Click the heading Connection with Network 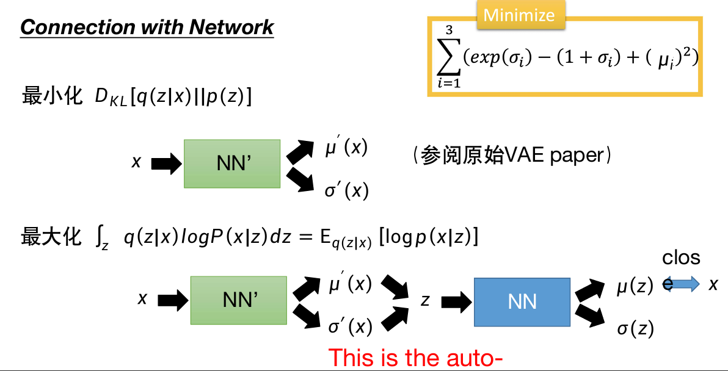point(147,27)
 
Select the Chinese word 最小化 point(51,96)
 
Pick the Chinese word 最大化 point(51,237)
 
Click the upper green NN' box point(232,164)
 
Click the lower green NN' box point(239,300)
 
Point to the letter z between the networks point(424,300)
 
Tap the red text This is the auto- point(415,358)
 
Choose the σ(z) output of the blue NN point(635,329)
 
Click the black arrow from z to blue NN point(456,300)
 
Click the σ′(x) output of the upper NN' point(346,191)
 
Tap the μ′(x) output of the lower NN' point(349,284)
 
